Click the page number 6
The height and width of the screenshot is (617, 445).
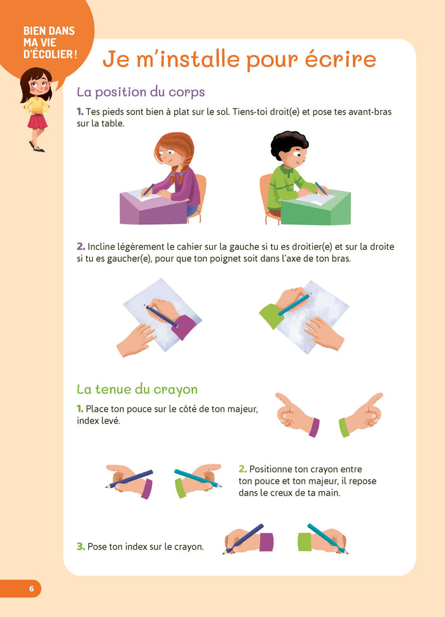tap(31, 588)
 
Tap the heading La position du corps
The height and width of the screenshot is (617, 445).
tap(140, 92)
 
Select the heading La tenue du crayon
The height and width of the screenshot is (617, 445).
tap(137, 389)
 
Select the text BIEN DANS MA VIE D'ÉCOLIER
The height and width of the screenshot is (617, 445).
tap(48, 43)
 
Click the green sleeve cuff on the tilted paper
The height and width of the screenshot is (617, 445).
tap(271, 315)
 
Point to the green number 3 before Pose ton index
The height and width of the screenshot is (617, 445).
tap(80, 546)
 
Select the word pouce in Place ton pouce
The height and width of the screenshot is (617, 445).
tap(144, 409)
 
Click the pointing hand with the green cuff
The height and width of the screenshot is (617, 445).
tap(364, 416)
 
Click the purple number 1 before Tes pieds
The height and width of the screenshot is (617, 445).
tap(79, 112)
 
